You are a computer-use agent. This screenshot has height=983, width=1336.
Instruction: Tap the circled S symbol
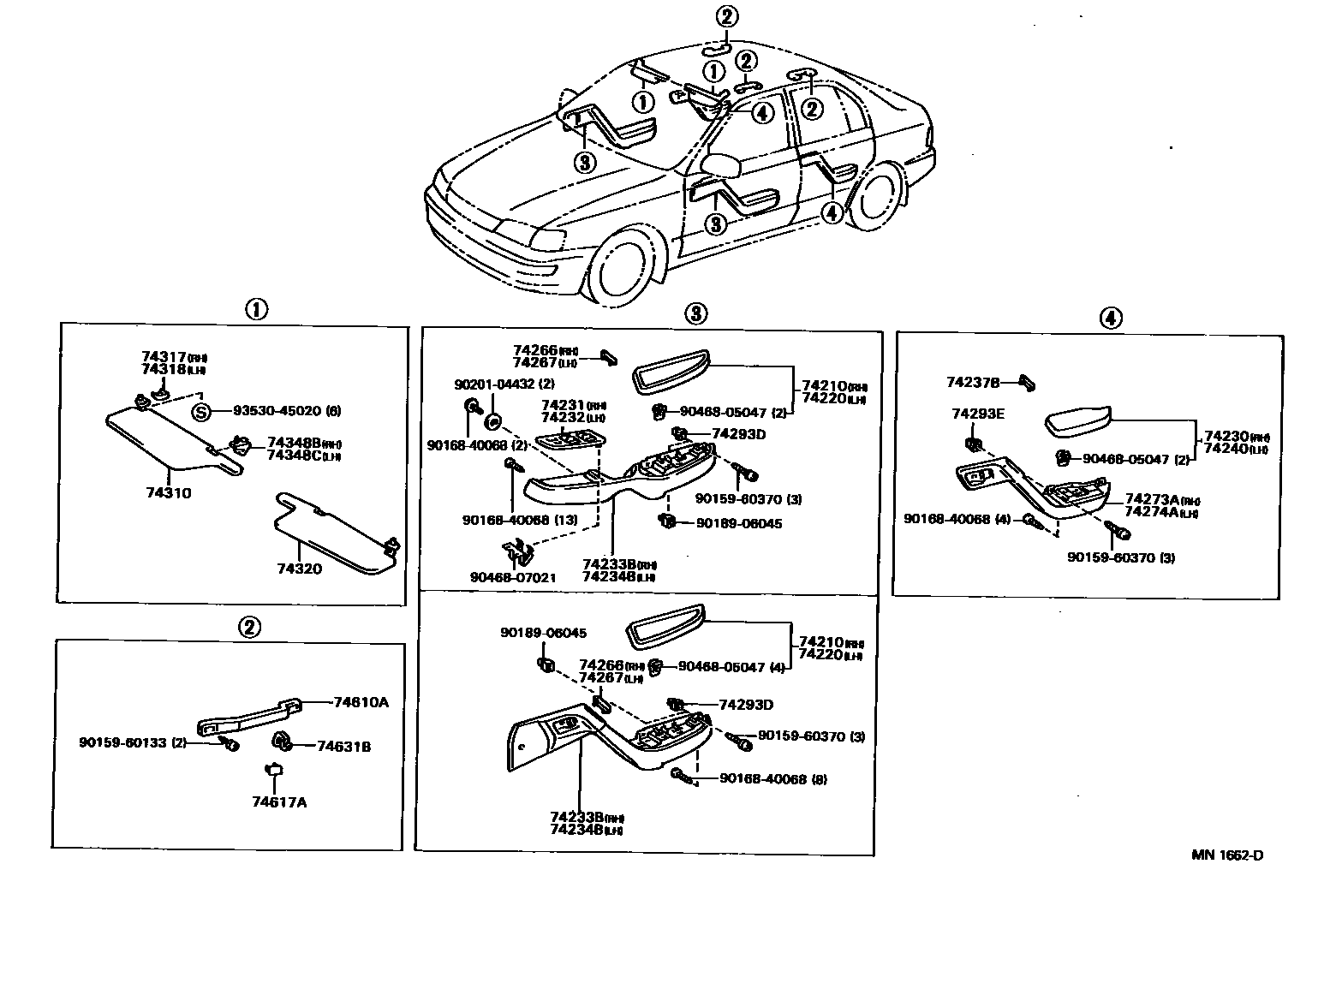click(200, 412)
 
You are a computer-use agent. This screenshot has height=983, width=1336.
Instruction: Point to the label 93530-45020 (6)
click(287, 411)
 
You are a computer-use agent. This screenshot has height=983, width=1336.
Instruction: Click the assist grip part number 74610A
click(361, 702)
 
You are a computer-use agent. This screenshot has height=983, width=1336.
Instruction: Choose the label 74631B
click(343, 746)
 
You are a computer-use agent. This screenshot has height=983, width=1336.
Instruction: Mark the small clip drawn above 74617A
click(274, 770)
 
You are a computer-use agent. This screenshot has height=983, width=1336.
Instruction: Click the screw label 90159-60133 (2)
click(133, 742)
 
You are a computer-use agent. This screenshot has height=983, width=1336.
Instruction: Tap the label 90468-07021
click(512, 577)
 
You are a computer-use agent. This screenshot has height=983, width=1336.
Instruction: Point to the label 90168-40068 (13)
click(519, 520)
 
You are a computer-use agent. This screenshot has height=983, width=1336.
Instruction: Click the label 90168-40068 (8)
click(773, 779)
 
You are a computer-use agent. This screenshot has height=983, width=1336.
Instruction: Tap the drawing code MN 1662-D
click(1226, 855)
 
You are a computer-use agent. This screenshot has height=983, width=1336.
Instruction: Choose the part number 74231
click(562, 405)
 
